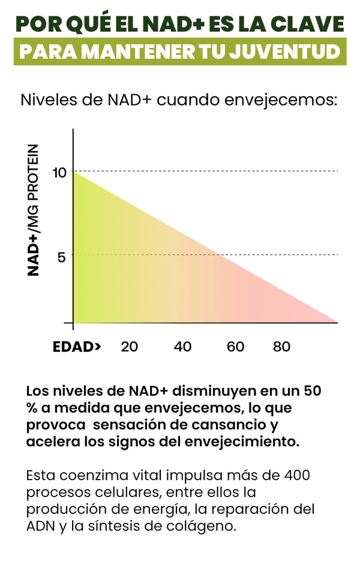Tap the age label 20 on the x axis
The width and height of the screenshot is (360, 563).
click(130, 347)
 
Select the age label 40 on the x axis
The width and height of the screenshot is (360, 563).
click(182, 347)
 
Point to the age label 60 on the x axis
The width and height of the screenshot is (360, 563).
click(235, 347)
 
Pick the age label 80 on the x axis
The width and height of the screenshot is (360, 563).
click(281, 347)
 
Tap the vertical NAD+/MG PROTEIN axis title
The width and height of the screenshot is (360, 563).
click(35, 210)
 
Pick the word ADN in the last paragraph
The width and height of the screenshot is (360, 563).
click(40, 528)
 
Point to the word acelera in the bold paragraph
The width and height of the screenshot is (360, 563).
click(50, 442)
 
